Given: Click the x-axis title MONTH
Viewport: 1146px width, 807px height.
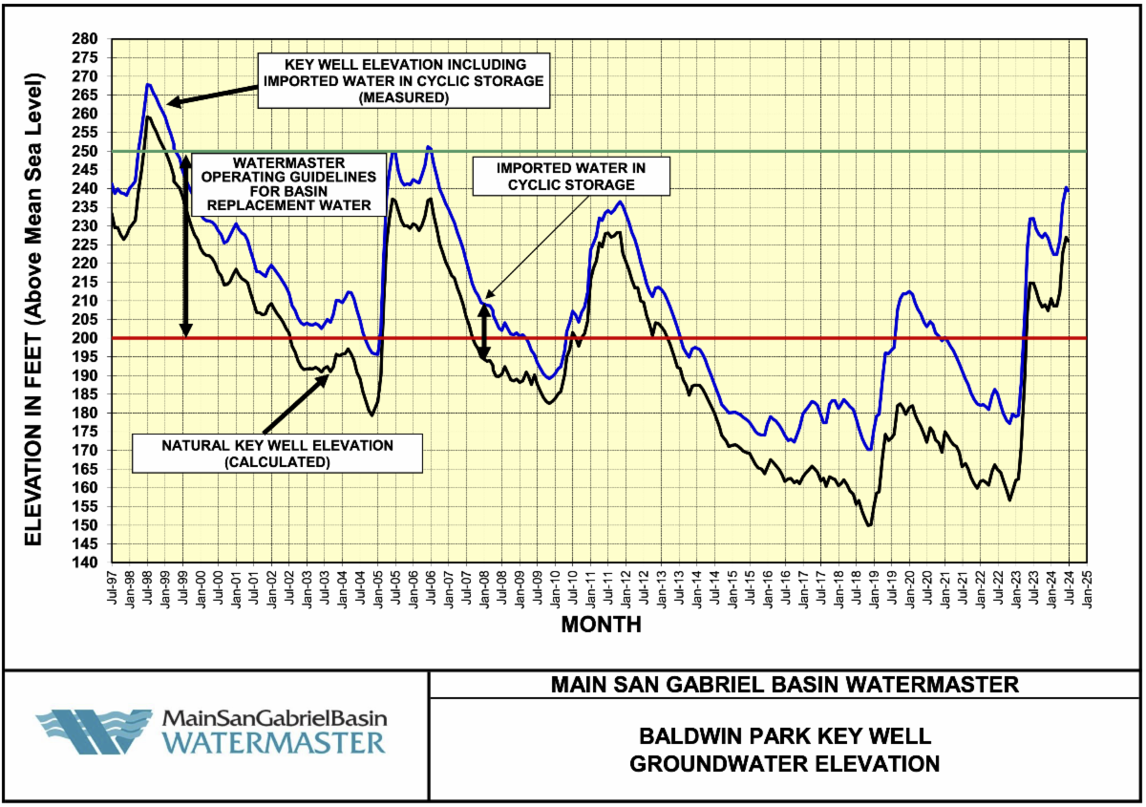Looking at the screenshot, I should [x=601, y=626].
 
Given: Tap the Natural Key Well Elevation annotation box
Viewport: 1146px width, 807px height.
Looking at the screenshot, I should [x=277, y=454].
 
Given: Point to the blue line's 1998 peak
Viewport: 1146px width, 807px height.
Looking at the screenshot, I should [x=148, y=84].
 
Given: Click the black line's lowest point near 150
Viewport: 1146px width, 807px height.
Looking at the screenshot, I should [x=869, y=525].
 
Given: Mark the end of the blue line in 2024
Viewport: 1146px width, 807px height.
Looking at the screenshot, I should [x=1068, y=189].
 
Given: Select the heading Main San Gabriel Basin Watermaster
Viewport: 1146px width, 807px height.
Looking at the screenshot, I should [x=785, y=685].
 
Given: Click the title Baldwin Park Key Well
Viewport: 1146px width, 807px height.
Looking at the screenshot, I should [x=785, y=736].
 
